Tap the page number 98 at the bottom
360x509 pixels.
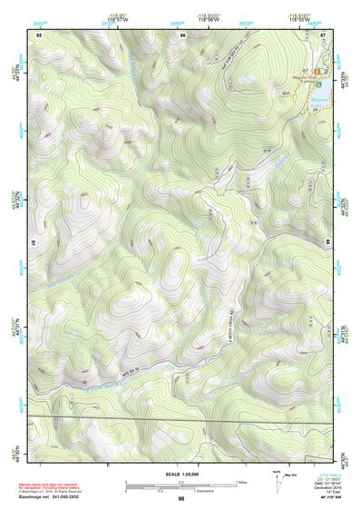(x=180, y=499)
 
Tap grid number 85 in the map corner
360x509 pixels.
(x=39, y=34)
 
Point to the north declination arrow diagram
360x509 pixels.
(x=277, y=481)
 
